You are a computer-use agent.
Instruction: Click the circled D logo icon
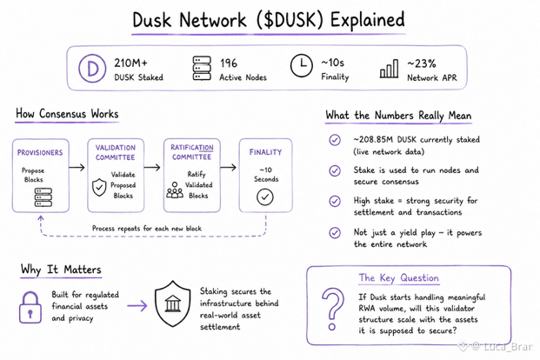click(92, 69)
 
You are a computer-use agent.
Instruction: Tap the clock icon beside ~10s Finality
click(302, 65)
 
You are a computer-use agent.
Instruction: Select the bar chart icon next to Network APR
click(390, 69)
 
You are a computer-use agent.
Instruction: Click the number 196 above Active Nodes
click(229, 63)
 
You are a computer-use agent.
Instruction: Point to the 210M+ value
click(130, 63)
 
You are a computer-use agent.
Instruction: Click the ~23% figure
click(422, 63)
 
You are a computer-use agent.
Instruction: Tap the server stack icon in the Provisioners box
click(43, 197)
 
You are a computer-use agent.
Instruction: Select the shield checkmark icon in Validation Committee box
click(99, 188)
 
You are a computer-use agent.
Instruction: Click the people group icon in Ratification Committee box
click(175, 190)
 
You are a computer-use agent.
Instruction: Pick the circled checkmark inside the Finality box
click(265, 197)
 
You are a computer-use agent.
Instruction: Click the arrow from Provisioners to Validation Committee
click(77, 168)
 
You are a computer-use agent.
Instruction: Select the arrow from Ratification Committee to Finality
click(229, 168)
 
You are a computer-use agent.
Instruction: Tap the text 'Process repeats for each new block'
click(147, 228)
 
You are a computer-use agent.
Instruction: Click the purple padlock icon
click(30, 307)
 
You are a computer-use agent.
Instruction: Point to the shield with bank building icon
click(172, 303)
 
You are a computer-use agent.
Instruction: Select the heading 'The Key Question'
click(399, 277)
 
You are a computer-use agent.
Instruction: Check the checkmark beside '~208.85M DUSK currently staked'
click(335, 140)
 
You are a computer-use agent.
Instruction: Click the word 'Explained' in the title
click(368, 20)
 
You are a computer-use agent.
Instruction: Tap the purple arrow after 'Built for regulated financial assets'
click(137, 305)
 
